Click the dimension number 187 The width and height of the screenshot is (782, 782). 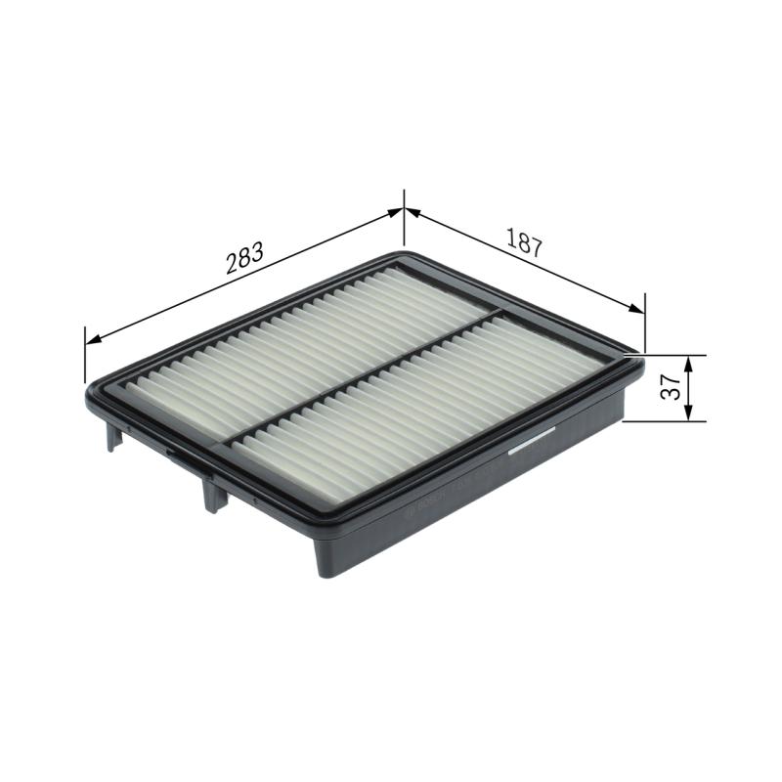coord(524,242)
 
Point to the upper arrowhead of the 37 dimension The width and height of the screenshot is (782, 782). coord(690,363)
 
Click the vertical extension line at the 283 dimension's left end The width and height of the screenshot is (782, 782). coord(85,357)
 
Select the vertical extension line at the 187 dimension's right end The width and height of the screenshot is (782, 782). coord(645,323)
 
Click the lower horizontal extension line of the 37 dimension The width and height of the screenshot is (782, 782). coord(665,422)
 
